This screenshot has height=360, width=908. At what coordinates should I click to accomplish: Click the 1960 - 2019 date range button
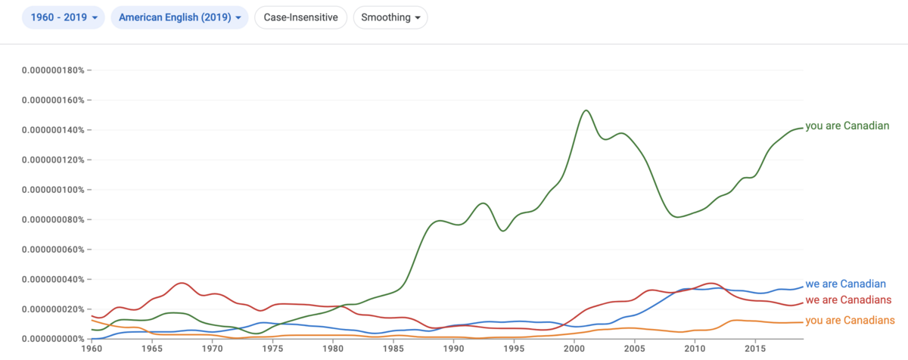pos(64,17)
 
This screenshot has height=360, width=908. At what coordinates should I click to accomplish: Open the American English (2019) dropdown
pos(179,17)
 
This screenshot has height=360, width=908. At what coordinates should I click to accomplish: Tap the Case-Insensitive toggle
pos(301,17)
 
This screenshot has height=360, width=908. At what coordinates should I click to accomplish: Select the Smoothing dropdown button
pos(390,17)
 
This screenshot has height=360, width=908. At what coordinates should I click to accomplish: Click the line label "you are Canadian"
pos(847,126)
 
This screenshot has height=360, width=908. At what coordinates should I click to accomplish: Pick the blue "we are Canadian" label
pos(846,284)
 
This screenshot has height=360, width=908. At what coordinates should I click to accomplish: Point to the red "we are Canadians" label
pos(848,300)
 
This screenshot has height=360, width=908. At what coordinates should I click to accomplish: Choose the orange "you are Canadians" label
pos(850,321)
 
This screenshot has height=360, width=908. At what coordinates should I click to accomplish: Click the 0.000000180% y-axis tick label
pos(53,70)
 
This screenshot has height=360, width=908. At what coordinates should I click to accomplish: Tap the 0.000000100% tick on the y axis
pos(53,190)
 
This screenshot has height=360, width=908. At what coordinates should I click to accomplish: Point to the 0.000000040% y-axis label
pos(53,279)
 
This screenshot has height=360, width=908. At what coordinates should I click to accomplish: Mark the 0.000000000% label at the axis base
pos(53,339)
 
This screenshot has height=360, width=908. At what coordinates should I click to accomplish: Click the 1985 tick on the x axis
pos(393,349)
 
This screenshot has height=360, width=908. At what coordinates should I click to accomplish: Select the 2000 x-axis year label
pos(574,349)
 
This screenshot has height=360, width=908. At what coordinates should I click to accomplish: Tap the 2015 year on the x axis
pos(755,349)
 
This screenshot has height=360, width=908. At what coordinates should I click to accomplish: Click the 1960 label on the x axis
pos(92,349)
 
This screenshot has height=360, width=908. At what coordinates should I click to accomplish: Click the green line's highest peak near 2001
pos(586,110)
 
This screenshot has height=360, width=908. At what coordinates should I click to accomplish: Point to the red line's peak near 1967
pos(181,283)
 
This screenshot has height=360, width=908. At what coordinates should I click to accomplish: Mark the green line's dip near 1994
pos(502,231)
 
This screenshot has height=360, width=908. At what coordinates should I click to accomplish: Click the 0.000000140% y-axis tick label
pos(53,130)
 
